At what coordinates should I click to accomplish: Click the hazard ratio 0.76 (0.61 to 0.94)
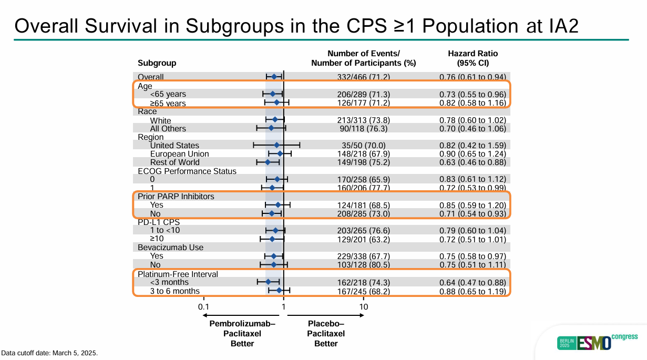coord(473,77)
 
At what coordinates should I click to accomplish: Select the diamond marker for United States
coord(277,145)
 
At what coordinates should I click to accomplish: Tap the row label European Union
coord(179,154)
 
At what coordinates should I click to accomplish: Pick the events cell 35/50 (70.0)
coord(364,146)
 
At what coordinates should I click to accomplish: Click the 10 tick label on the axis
coord(363,307)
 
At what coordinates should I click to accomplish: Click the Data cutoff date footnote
coord(49,353)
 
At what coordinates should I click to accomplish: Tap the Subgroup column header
coord(157,63)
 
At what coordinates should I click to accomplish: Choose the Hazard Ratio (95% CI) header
coord(473,58)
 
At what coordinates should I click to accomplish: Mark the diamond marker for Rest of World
coord(268,162)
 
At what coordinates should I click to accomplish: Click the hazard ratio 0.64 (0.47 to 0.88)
coord(473,283)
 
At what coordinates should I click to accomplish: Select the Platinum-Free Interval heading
coord(178,274)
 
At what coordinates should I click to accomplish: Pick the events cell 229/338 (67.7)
coord(364,256)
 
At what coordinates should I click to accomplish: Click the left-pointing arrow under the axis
coord(210,315)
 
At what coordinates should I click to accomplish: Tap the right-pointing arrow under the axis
coord(357,315)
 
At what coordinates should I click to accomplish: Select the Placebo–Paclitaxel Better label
coord(326,334)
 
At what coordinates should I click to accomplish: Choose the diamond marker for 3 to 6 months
coord(279,290)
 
